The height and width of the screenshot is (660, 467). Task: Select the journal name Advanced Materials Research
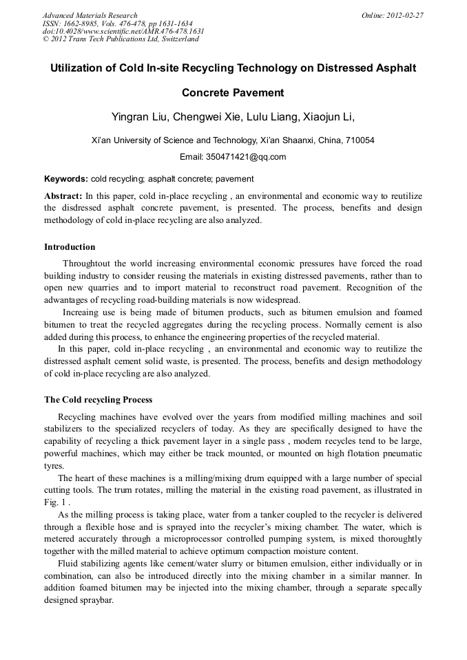pos(90,15)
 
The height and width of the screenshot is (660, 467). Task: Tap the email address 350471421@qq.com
pos(246,156)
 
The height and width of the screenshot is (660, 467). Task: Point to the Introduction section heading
pos(70,247)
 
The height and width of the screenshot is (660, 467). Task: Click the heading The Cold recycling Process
pos(98,400)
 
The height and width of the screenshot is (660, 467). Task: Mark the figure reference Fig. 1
pos(53,502)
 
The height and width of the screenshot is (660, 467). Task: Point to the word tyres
pos(52,465)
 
